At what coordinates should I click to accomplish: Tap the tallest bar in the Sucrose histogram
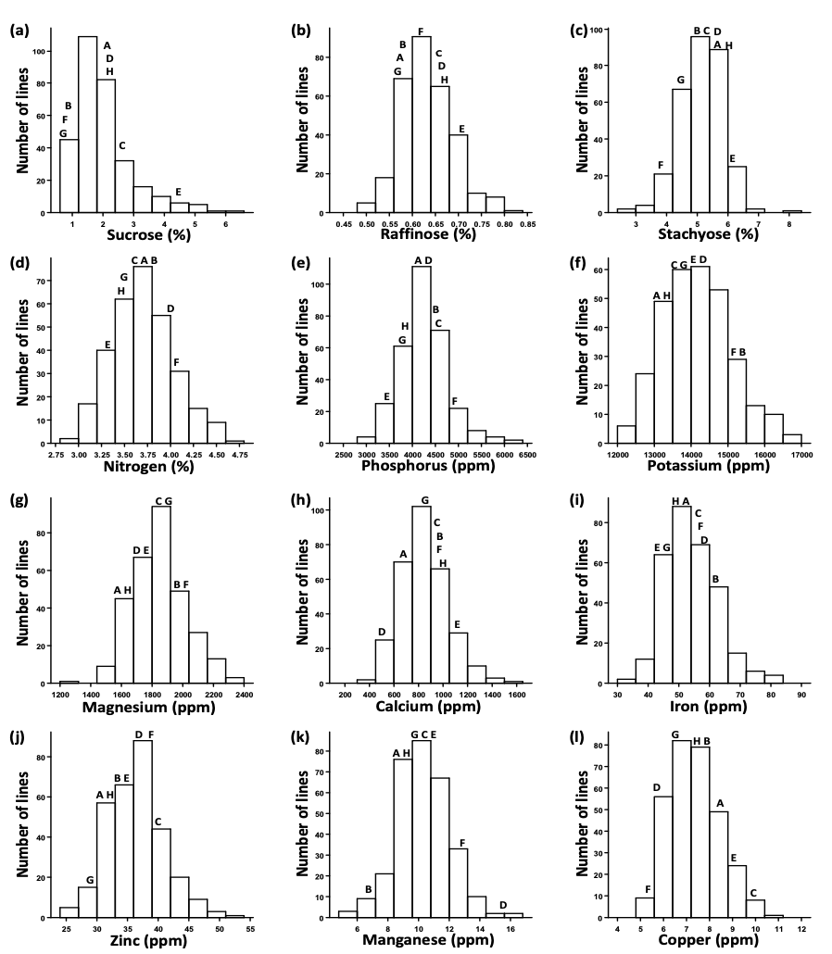88,124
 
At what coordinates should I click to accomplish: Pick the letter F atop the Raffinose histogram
421,31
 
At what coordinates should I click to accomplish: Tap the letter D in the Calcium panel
381,632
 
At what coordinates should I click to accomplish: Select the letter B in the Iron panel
715,579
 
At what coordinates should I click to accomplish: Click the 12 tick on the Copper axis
801,928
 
